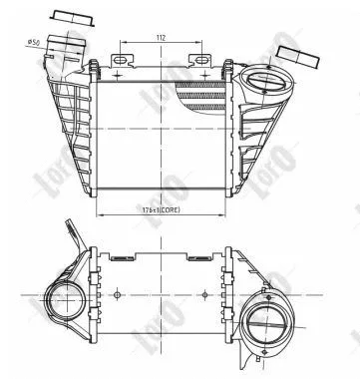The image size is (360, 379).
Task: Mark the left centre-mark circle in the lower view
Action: click(118, 294)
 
